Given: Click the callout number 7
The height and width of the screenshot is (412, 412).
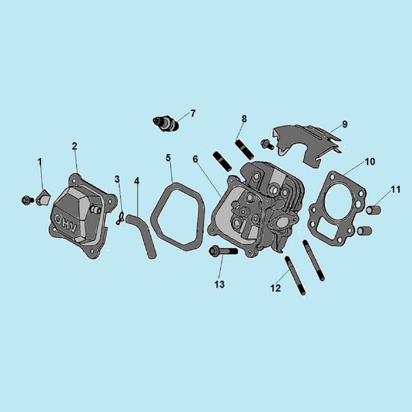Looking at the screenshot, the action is tap(193, 113).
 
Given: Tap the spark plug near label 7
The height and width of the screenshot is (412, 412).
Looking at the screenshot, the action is tap(166, 124).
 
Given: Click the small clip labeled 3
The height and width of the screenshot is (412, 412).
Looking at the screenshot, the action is tap(120, 218).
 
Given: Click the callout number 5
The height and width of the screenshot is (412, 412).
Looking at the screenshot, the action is tap(168, 158).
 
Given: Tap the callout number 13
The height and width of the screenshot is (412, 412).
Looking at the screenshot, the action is tap(219, 285).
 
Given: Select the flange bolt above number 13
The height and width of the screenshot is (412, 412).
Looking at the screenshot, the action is tap(223, 251).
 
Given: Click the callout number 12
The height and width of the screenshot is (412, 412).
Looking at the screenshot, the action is tap(275, 288).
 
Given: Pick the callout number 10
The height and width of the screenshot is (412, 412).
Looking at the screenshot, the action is tap(370, 162).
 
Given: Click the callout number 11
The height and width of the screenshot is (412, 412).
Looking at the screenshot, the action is tap(396, 189).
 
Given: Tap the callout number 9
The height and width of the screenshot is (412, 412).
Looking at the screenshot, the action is tap(344, 124).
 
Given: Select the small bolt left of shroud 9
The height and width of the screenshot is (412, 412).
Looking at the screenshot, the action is tap(267, 145).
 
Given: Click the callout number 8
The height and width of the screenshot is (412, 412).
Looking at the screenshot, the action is tap(244, 119).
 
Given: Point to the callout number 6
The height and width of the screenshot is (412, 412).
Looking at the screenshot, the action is tap(195, 159).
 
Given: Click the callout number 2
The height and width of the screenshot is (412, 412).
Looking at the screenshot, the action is tap(75, 146).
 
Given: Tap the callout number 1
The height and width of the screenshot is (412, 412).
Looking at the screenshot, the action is tap(40, 162).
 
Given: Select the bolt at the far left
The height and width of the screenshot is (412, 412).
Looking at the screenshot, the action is tap(27, 201).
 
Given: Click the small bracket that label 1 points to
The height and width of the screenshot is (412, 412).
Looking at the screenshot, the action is tap(43, 197).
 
